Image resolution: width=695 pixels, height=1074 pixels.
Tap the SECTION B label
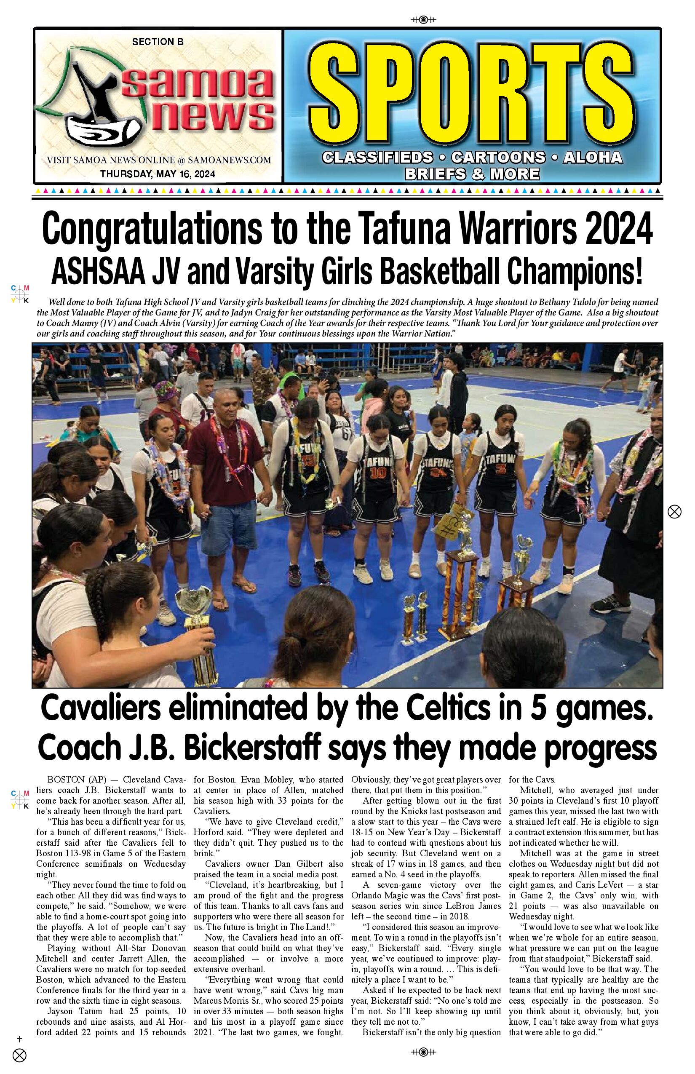(158, 42)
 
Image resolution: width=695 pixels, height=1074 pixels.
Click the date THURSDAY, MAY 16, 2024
(158, 174)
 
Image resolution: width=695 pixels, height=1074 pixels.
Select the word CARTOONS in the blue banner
(498, 158)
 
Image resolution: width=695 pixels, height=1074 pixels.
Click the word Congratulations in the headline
(151, 229)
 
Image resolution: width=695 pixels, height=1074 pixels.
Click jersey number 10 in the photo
(376, 473)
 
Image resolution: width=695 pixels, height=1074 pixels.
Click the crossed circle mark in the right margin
(674, 512)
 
